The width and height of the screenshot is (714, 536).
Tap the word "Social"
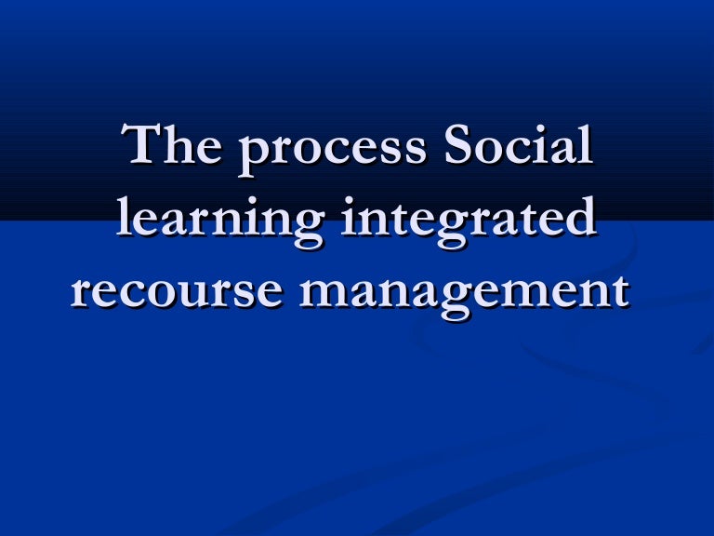click(516, 150)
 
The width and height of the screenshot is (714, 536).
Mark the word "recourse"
click(177, 292)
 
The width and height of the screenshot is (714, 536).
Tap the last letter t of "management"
click(617, 292)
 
